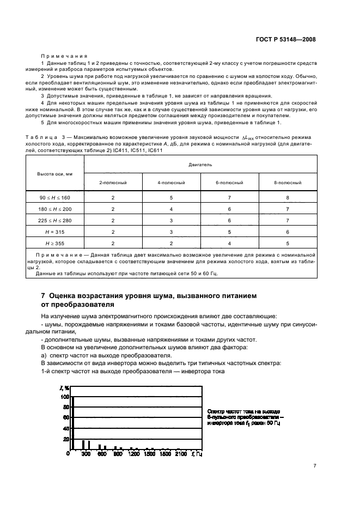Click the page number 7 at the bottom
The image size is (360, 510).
[314, 466]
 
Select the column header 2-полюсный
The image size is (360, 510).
[113, 183]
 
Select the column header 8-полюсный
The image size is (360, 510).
[288, 183]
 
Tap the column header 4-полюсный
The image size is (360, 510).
[171, 183]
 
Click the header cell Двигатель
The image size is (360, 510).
[200, 163]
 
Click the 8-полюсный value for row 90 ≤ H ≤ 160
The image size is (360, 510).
[288, 198]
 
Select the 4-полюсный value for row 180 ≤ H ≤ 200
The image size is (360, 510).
[171, 209]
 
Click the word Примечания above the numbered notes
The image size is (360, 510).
[60, 56]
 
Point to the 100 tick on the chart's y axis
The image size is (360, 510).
[65, 397]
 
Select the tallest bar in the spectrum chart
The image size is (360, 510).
[72, 423]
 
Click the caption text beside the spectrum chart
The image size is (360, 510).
[244, 417]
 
